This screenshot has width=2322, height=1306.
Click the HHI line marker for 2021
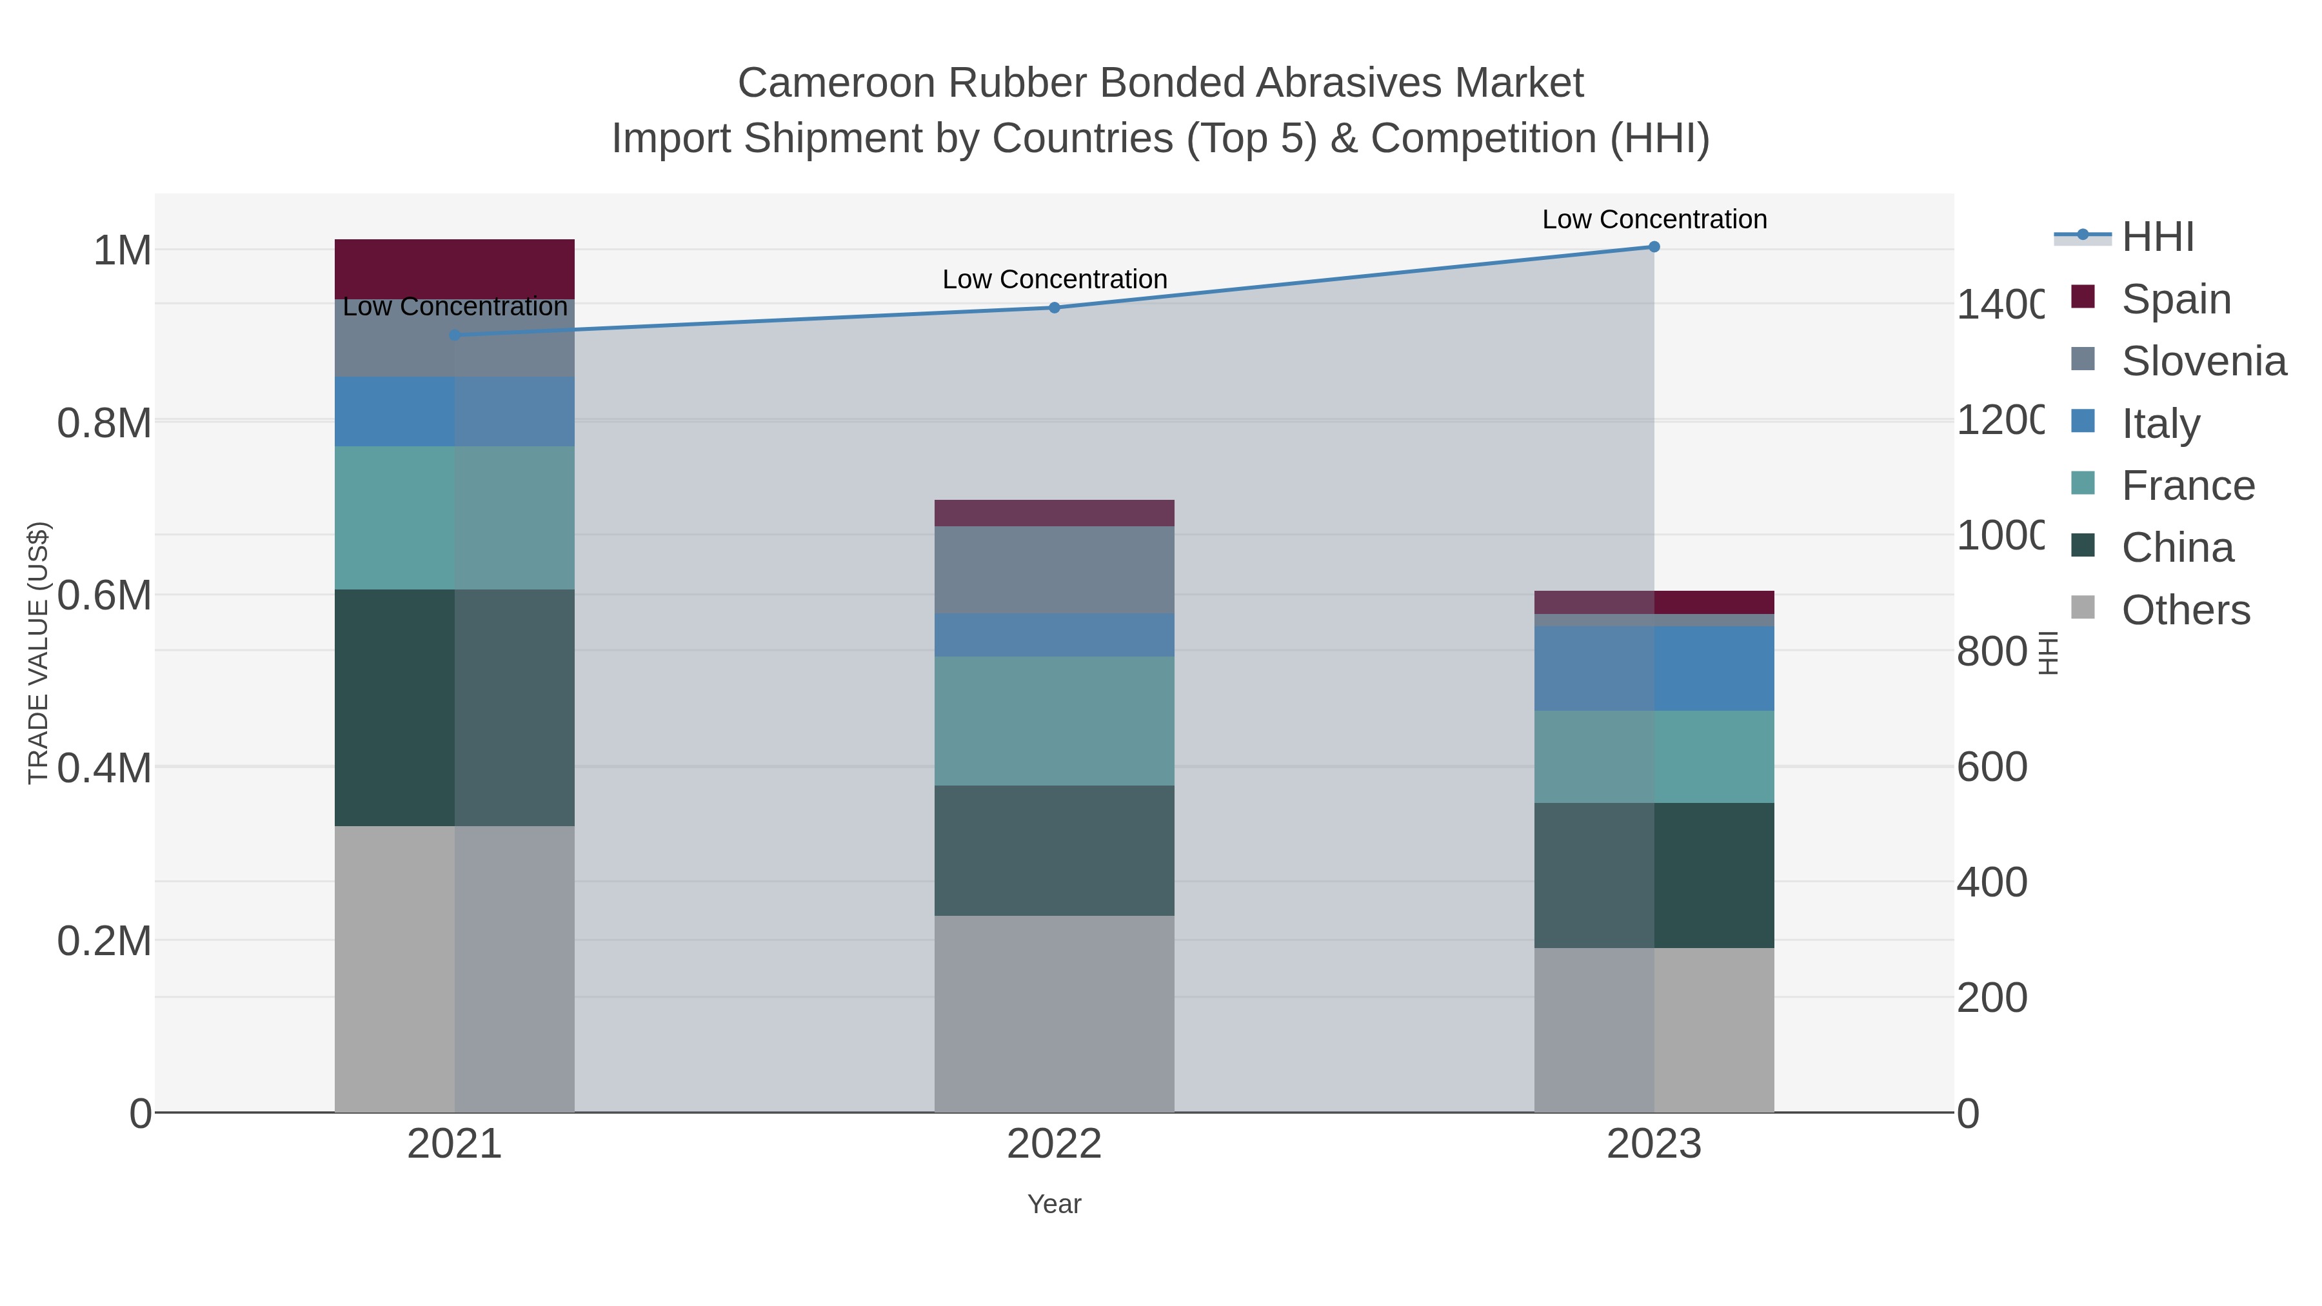(454, 335)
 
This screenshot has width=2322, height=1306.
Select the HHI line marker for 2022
(1055, 308)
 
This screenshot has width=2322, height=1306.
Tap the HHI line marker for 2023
(1654, 247)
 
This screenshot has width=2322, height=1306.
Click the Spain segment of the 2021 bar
(454, 268)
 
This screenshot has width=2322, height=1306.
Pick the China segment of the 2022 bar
(1055, 850)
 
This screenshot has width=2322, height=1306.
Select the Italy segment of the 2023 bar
(1654, 668)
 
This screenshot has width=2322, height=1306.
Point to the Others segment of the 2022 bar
(1055, 1013)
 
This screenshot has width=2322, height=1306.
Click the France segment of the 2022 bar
(1055, 720)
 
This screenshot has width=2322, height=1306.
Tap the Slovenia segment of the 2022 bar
(1055, 569)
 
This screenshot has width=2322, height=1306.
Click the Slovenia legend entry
(2203, 361)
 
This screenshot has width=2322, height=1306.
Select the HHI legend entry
(2157, 237)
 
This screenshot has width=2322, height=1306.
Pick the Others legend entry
(2185, 610)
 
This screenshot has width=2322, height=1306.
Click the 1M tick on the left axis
(123, 251)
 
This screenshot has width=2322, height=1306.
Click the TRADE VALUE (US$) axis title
(38, 653)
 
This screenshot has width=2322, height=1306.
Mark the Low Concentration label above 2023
(1654, 219)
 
